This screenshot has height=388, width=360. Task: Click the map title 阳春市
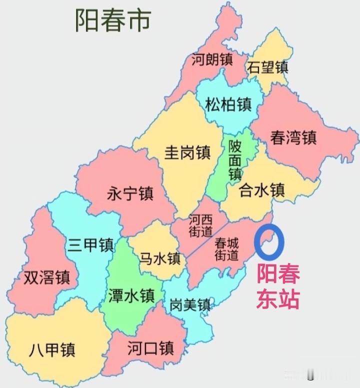tap(112, 20)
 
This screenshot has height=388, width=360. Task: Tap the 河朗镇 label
tap(212, 60)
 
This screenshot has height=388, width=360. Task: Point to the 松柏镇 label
tap(228, 105)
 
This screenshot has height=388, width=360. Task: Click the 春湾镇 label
tap(293, 137)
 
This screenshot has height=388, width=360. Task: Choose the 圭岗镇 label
tap(187, 152)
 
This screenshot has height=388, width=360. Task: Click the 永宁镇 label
tap(130, 193)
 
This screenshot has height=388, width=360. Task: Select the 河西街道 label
tap(200, 226)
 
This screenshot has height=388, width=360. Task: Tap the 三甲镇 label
tap(90, 245)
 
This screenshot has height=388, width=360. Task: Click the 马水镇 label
tap(159, 258)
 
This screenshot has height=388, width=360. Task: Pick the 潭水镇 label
tap(131, 296)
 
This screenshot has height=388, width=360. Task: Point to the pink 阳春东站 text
tap(278, 287)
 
